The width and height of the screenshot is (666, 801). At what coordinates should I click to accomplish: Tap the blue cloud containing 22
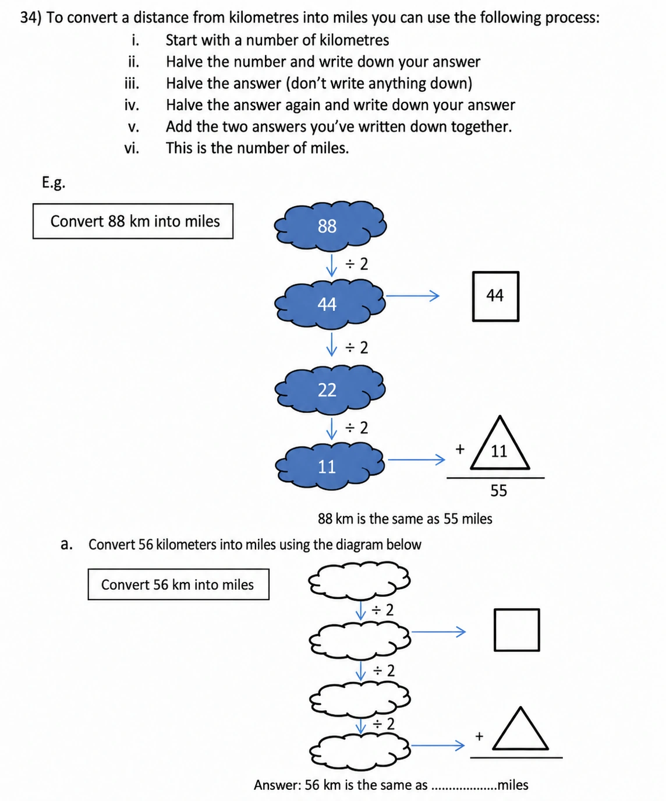tap(330, 389)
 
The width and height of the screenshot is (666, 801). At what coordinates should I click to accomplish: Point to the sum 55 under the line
tap(498, 491)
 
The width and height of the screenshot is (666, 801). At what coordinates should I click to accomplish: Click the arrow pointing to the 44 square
tap(412, 296)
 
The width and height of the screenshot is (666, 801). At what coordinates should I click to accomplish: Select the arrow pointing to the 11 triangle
tap(416, 459)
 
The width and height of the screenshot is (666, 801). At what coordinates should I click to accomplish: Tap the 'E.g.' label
tap(54, 182)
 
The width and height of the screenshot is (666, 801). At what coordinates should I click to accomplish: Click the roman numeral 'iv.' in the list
tap(132, 105)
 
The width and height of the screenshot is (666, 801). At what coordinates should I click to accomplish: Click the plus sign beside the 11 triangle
tap(460, 449)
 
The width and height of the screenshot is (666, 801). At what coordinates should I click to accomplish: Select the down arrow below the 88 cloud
tap(331, 264)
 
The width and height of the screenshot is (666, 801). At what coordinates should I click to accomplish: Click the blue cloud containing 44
tap(330, 304)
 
